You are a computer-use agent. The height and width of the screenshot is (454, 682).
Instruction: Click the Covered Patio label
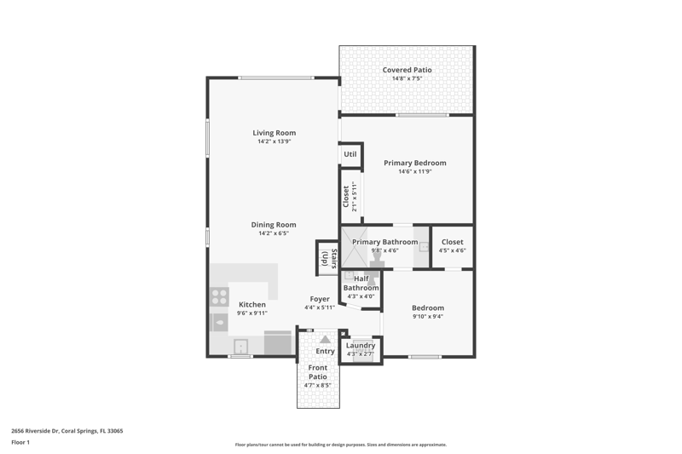tap(407, 70)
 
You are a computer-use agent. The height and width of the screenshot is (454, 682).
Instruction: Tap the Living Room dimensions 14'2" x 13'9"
tap(274, 141)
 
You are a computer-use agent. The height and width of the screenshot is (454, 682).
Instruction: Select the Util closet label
tap(350, 154)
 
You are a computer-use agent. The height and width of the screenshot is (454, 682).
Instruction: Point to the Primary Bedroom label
tap(415, 163)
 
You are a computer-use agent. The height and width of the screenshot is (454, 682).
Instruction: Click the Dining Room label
tap(274, 225)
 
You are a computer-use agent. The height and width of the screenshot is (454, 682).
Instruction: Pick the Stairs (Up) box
tap(327, 258)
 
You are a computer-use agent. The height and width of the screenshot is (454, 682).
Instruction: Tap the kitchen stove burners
tap(220, 297)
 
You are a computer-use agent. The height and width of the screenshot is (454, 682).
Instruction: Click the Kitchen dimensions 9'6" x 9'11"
tap(252, 313)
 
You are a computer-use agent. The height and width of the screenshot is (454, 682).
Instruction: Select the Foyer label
tap(320, 299)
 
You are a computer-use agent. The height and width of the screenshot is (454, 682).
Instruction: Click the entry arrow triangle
tap(325, 340)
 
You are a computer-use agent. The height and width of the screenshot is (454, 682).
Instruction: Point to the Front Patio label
tap(318, 372)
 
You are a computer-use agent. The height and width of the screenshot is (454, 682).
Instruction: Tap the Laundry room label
tap(361, 345)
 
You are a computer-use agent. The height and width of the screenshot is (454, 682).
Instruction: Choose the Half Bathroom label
tap(361, 284)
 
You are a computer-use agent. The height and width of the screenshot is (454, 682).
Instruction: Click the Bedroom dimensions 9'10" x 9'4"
tap(428, 317)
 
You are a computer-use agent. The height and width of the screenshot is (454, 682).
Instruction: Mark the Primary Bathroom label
tap(385, 242)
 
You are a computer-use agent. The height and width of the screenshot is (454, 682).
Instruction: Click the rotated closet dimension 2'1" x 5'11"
tap(355, 197)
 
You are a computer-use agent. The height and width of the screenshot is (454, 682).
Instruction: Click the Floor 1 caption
tap(20, 442)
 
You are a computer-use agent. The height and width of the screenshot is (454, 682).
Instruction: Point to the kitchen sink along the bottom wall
tap(240, 347)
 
